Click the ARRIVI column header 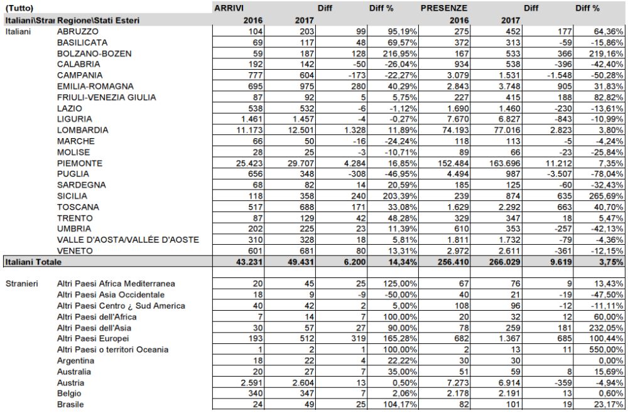(229, 9)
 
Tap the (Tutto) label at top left (19, 9)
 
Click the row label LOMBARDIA (82, 130)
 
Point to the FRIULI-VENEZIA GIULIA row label (106, 97)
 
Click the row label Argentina (75, 361)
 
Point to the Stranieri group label (21, 284)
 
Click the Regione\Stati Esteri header (98, 20)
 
